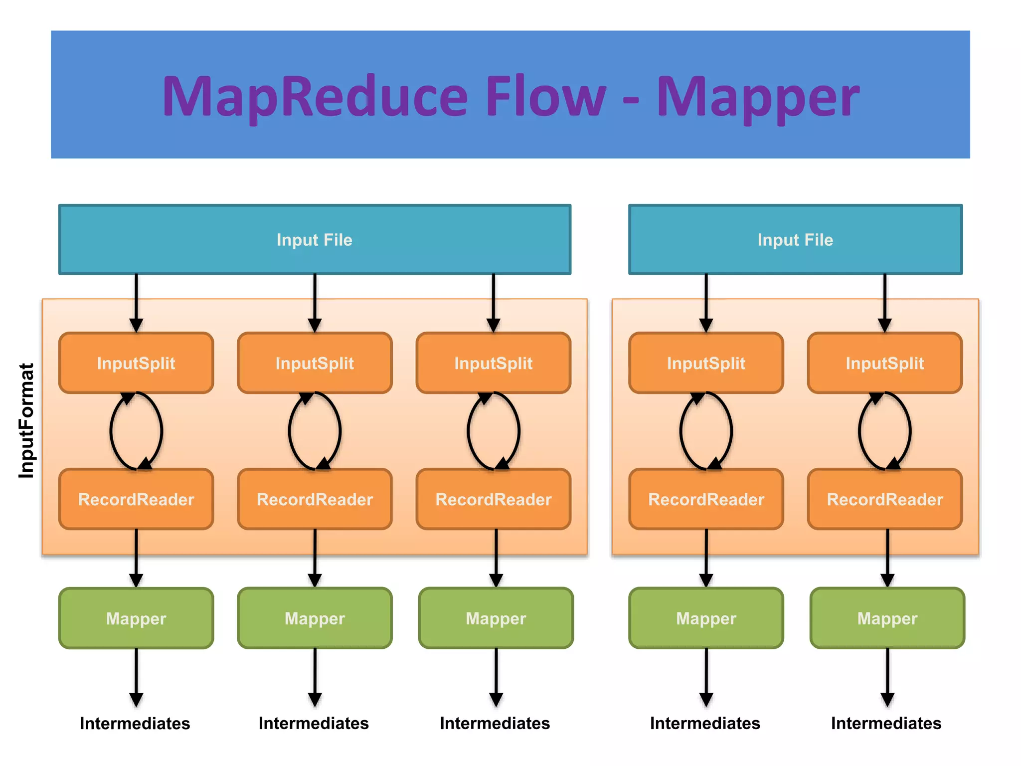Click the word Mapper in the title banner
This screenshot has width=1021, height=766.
[758, 97]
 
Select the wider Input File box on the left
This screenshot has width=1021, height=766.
[315, 239]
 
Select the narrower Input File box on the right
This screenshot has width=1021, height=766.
[795, 239]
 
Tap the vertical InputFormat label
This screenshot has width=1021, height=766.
[26, 420]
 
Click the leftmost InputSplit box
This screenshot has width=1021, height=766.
[136, 363]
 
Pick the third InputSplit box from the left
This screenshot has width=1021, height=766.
[494, 363]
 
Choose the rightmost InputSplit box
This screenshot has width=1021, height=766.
[885, 363]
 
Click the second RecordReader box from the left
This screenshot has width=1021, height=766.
[315, 499]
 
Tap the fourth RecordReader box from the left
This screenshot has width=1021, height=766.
[706, 499]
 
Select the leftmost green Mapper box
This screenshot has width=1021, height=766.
[136, 618]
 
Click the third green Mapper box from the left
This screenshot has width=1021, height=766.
[496, 618]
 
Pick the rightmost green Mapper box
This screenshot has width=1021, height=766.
[887, 618]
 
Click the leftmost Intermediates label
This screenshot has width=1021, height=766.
[135, 723]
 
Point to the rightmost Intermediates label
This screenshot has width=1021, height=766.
[886, 723]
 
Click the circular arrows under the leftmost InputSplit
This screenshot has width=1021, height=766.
[136, 431]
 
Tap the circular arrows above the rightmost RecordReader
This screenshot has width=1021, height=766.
[885, 431]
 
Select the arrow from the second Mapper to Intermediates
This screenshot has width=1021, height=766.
[315, 676]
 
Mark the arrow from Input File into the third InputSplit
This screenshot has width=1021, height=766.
[494, 302]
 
